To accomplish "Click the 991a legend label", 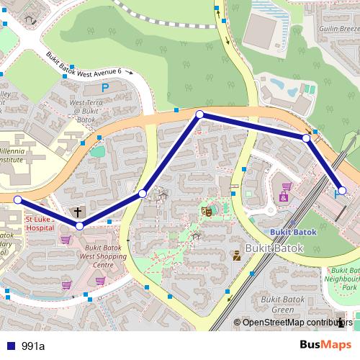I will (x=33, y=346).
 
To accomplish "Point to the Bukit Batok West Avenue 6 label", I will (x=89, y=64).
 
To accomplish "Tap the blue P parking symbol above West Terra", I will (x=105, y=88).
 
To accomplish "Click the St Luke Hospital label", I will (x=40, y=223).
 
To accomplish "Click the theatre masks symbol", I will (x=206, y=211).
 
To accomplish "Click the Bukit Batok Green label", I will (x=281, y=305).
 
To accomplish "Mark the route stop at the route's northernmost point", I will (x=200, y=114).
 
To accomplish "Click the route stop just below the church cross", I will (x=79, y=226).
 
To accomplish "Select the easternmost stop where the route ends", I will (x=343, y=190).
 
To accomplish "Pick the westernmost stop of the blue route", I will (x=17, y=199).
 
